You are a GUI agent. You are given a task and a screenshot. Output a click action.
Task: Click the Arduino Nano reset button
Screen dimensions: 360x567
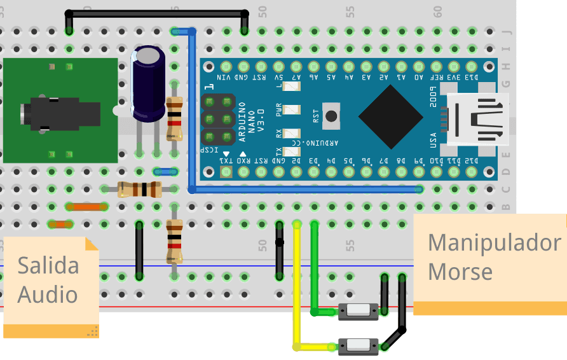[331, 116]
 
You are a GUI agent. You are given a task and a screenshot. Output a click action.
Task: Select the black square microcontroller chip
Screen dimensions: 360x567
[390, 115]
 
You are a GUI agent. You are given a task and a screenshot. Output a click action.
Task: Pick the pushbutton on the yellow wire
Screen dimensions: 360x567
[359, 346]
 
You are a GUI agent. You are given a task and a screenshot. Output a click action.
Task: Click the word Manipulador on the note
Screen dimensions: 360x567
[494, 242]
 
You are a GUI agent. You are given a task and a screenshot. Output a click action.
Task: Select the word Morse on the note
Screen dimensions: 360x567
[460, 272]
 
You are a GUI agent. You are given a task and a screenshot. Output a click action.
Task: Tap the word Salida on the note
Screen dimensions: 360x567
[48, 265]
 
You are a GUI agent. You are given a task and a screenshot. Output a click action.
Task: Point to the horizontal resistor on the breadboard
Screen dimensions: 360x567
[139, 188]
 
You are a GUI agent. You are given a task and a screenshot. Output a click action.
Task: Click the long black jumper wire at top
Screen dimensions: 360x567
[156, 13]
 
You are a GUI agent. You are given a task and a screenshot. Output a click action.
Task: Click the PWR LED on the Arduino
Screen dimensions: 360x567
[293, 110]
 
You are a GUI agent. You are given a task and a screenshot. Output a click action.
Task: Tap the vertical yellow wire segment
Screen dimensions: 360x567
[296, 286]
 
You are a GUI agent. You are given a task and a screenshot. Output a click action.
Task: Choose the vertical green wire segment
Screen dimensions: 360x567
[313, 267]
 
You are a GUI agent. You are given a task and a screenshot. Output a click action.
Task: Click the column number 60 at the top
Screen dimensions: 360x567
[437, 11]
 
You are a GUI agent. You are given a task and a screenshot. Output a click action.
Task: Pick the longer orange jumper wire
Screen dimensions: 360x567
[86, 206]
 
